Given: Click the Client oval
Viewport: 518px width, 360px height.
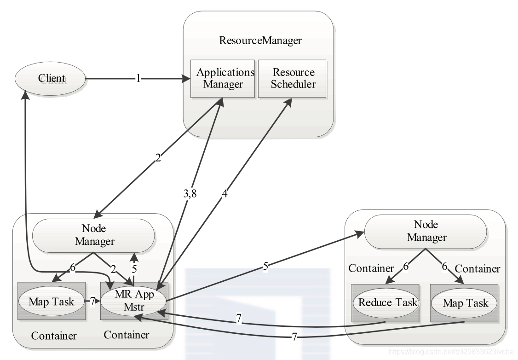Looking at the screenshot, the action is click(50, 79).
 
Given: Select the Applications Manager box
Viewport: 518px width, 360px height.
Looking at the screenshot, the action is click(223, 79).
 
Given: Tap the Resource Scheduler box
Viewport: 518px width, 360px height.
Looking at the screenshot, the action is click(292, 79).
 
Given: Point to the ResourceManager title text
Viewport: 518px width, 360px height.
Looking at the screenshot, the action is click(260, 41).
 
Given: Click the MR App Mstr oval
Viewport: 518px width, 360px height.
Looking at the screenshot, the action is click(134, 301).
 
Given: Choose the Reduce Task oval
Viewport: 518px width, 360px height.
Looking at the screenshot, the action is click(386, 303).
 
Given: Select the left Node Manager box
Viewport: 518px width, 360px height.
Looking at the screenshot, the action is click(93, 235).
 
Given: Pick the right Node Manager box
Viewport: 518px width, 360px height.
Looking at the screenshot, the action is click(426, 231).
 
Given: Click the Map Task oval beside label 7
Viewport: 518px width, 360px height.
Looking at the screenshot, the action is click(52, 302).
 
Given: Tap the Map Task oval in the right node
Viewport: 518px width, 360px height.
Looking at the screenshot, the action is click(464, 303).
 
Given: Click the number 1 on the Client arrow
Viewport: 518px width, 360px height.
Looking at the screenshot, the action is click(138, 79).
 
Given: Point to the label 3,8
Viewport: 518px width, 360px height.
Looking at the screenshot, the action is click(190, 193).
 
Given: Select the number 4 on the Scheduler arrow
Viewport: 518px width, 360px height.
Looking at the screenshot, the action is click(224, 193).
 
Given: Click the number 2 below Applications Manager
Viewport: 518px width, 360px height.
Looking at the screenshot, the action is click(158, 158).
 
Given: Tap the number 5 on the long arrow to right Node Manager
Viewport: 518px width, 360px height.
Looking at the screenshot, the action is click(265, 266).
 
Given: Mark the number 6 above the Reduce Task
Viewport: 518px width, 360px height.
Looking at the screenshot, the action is click(406, 266).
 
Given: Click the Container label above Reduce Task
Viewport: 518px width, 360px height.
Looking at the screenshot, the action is click(371, 268).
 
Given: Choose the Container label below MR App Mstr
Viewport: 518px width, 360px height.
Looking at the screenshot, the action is click(127, 335).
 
